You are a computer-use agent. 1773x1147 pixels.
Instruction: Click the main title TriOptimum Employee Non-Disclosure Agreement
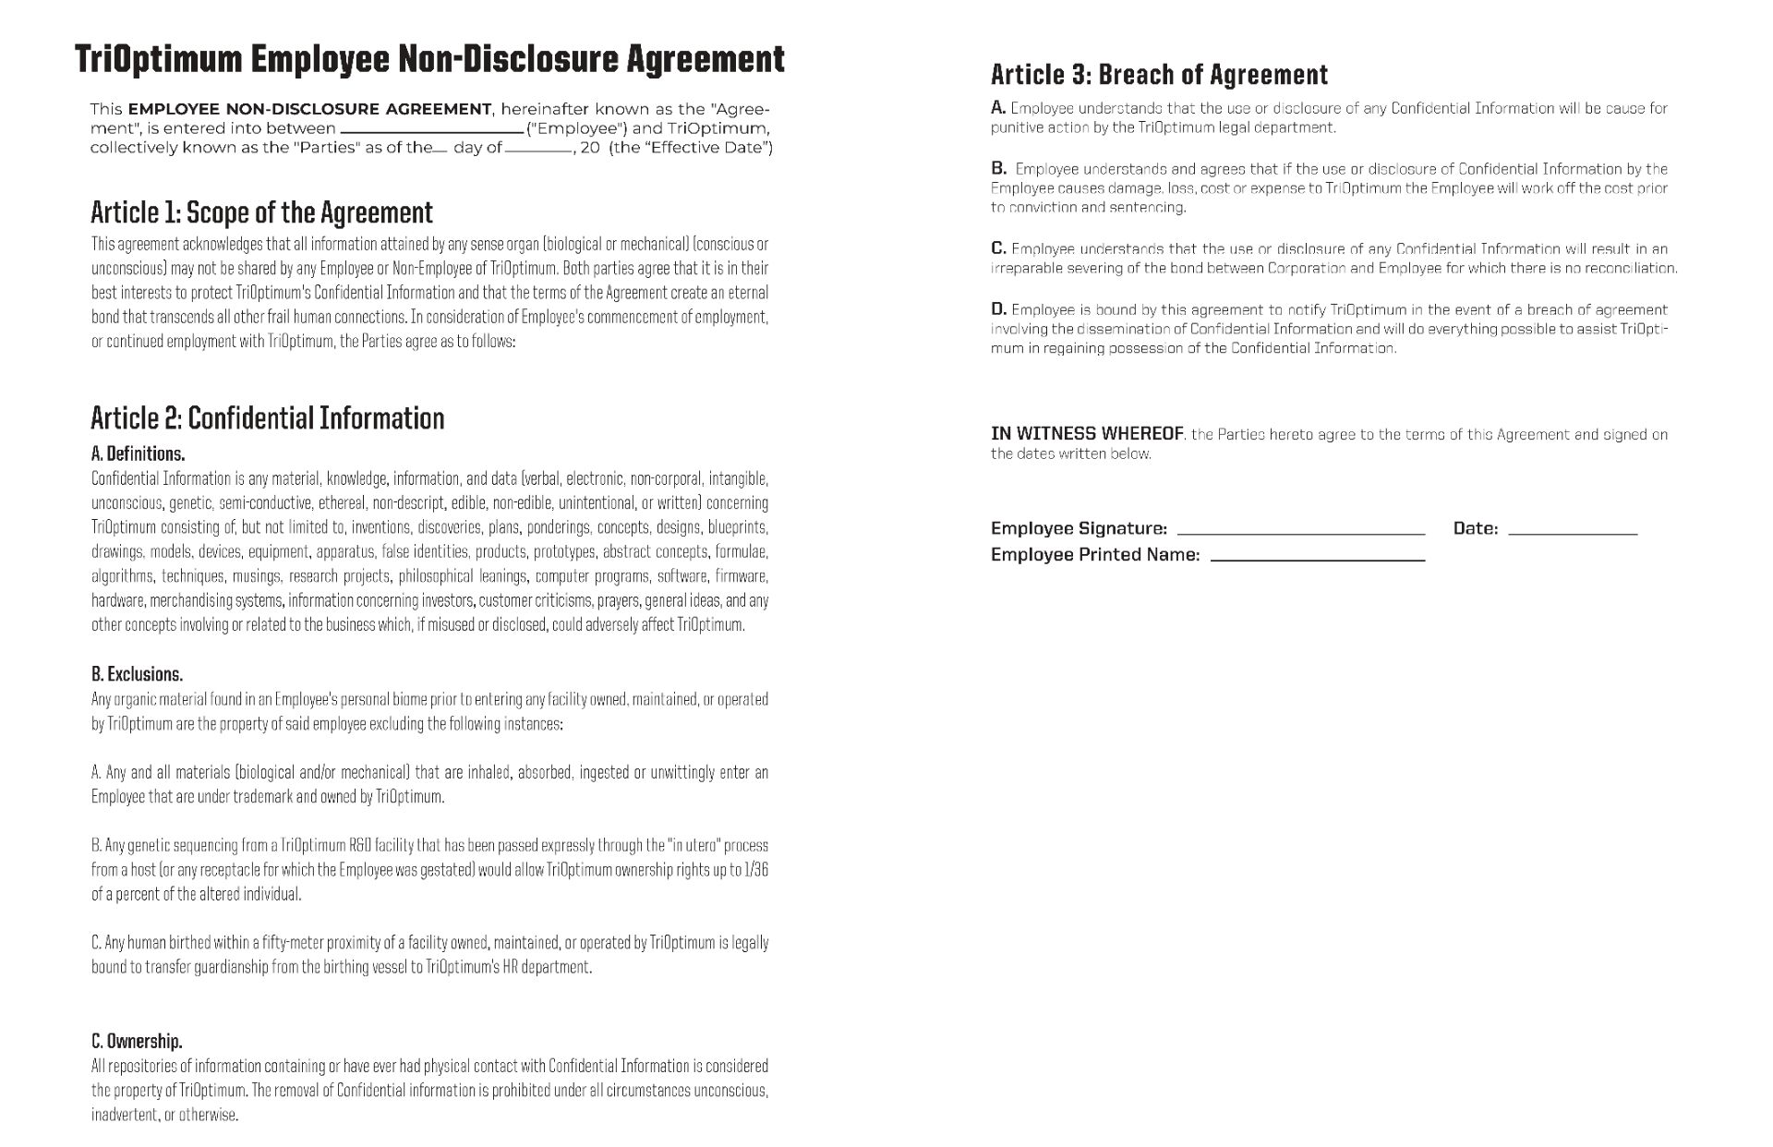click(x=429, y=59)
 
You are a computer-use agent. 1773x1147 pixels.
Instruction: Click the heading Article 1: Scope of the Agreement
click(x=261, y=212)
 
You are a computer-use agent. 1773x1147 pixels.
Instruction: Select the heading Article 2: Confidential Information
click(x=267, y=418)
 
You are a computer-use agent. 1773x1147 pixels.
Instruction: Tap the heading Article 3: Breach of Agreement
click(x=1159, y=75)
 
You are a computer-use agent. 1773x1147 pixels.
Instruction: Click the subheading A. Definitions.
click(x=138, y=453)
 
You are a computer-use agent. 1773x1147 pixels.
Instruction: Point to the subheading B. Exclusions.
click(x=137, y=674)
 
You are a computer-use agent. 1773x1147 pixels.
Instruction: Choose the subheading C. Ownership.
click(x=137, y=1042)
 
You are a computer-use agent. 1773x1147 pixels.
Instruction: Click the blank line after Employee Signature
click(x=1301, y=531)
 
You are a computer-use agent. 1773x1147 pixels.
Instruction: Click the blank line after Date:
click(x=1572, y=531)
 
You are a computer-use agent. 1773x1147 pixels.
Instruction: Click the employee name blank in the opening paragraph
click(x=431, y=130)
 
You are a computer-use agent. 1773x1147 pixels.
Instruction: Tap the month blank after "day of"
click(x=538, y=150)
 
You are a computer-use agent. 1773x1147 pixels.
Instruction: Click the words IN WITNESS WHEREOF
click(x=1087, y=434)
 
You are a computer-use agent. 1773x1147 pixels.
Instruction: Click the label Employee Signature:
click(x=1079, y=528)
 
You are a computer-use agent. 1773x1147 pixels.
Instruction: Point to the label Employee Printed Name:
click(x=1095, y=555)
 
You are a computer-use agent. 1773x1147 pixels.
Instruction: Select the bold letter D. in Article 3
click(x=998, y=309)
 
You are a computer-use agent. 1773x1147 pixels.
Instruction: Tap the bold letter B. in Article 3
click(x=998, y=168)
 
